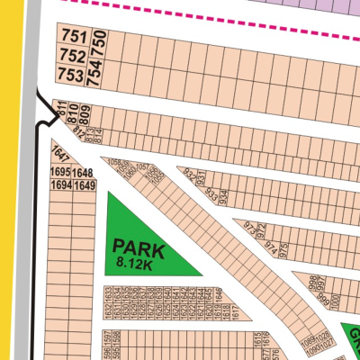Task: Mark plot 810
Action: point(73,112)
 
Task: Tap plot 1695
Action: point(61,172)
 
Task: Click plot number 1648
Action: point(84,172)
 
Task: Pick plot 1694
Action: point(61,185)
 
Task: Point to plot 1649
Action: point(84,185)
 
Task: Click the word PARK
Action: point(135,245)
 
